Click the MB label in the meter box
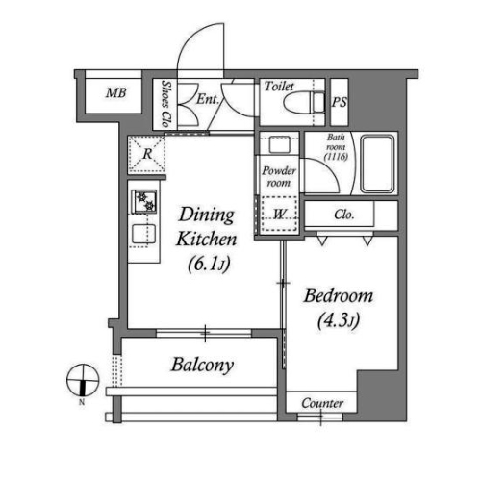coord(116,93)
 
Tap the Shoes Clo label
coord(165,103)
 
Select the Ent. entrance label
coord(208,99)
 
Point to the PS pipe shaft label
coord(340,102)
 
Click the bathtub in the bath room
coord(378,164)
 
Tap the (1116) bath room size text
coord(336,157)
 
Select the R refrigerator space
coord(147,154)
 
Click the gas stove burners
coord(144,202)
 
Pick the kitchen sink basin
coord(144,235)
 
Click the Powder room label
coord(278,177)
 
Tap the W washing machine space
coord(278,214)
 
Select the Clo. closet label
coord(343,215)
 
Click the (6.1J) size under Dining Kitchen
coord(209,264)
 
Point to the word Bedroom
coord(339,295)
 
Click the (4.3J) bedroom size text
coord(339,320)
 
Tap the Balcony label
coord(202,365)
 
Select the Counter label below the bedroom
coord(322,403)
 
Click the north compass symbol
coord(83,380)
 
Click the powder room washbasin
coord(279,144)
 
